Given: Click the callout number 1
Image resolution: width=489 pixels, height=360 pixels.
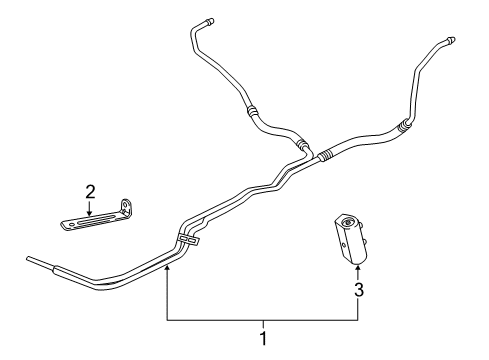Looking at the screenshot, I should click(x=263, y=338).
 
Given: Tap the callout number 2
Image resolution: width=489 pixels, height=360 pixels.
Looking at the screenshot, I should click(x=90, y=191).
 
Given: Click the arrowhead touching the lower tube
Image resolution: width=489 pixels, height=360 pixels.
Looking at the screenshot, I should click(x=169, y=269).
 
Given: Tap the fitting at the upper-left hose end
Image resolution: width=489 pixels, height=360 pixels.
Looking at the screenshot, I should click(x=209, y=20).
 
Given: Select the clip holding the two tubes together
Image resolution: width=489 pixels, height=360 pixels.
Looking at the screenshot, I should click(x=188, y=239).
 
